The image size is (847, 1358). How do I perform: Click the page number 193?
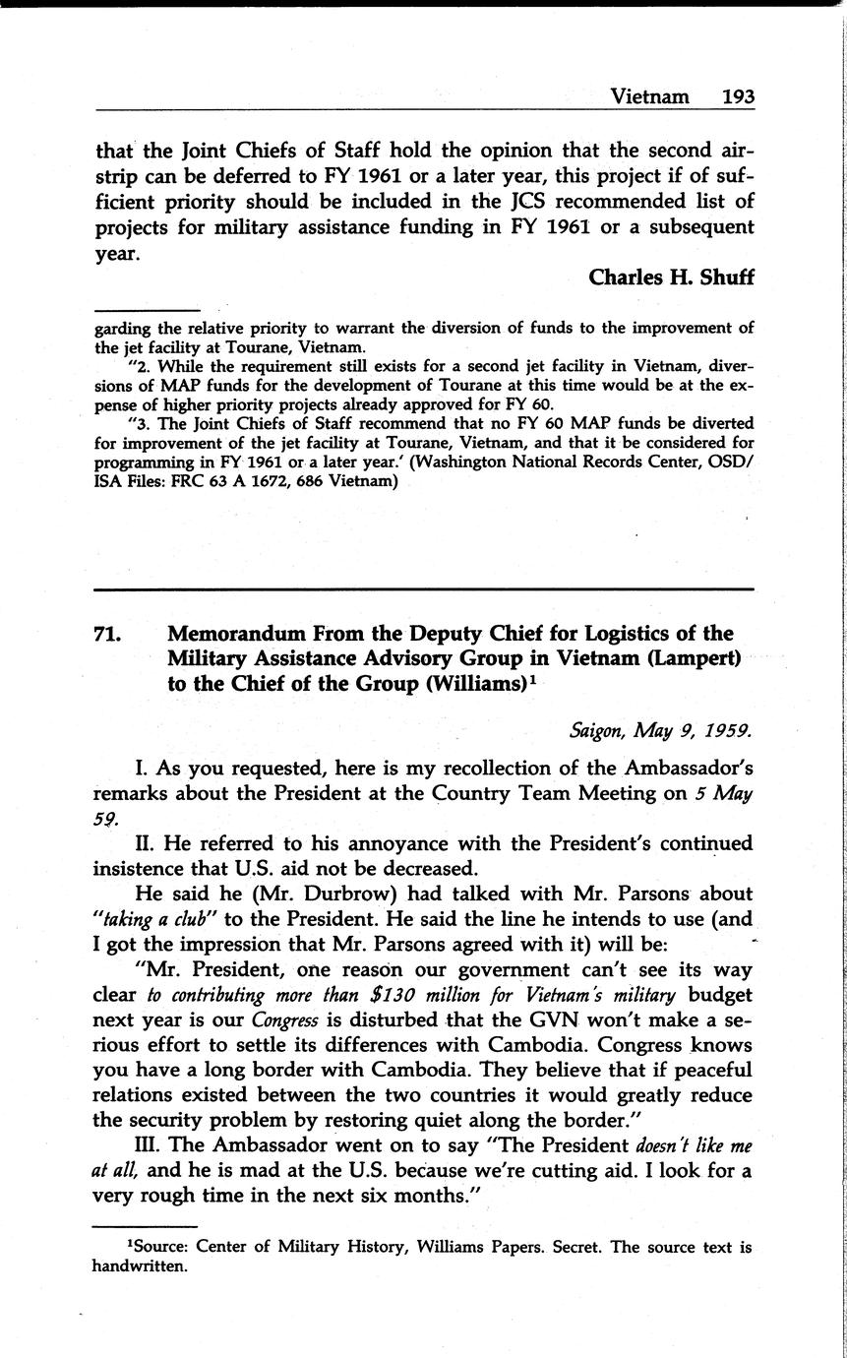pyautogui.click(x=737, y=96)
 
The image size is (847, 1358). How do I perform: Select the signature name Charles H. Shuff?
pyautogui.click(x=671, y=278)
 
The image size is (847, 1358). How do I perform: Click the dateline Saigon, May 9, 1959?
pyautogui.click(x=661, y=731)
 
